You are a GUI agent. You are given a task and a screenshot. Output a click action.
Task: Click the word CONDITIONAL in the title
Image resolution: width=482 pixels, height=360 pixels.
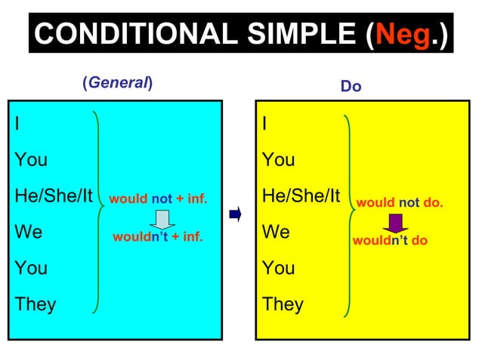point(133,34)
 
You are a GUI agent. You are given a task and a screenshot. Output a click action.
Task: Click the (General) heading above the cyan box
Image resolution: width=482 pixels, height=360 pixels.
point(117,83)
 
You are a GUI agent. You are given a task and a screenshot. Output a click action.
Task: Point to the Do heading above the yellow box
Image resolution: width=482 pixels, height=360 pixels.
point(351,87)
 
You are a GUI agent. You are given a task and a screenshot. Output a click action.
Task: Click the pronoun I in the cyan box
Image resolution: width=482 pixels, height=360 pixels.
point(17,124)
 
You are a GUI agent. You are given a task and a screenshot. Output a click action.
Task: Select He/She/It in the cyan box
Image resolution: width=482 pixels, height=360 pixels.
point(53,196)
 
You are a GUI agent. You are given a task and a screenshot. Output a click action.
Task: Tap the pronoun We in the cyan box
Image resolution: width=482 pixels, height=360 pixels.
point(29,232)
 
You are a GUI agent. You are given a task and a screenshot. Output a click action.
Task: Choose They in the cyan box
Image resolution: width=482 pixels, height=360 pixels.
point(35,304)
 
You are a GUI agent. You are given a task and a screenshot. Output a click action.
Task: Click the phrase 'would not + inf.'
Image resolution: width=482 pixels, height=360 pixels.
point(158,200)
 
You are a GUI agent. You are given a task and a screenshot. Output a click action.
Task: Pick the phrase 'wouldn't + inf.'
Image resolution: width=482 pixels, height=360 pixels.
point(158,237)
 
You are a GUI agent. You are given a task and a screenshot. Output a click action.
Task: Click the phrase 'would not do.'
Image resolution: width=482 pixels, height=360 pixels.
point(400,203)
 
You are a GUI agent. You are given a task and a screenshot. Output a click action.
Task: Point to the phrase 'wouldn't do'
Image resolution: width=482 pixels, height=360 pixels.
point(391,241)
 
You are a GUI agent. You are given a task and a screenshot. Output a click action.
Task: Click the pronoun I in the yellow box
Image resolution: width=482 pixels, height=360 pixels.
point(264,124)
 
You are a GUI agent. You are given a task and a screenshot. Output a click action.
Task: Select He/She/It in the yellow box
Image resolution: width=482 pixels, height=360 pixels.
point(301,196)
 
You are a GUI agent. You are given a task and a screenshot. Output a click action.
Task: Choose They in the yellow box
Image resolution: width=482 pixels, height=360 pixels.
point(283,304)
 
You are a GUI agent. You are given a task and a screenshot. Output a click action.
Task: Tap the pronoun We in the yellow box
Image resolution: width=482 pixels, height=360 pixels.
point(276,232)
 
